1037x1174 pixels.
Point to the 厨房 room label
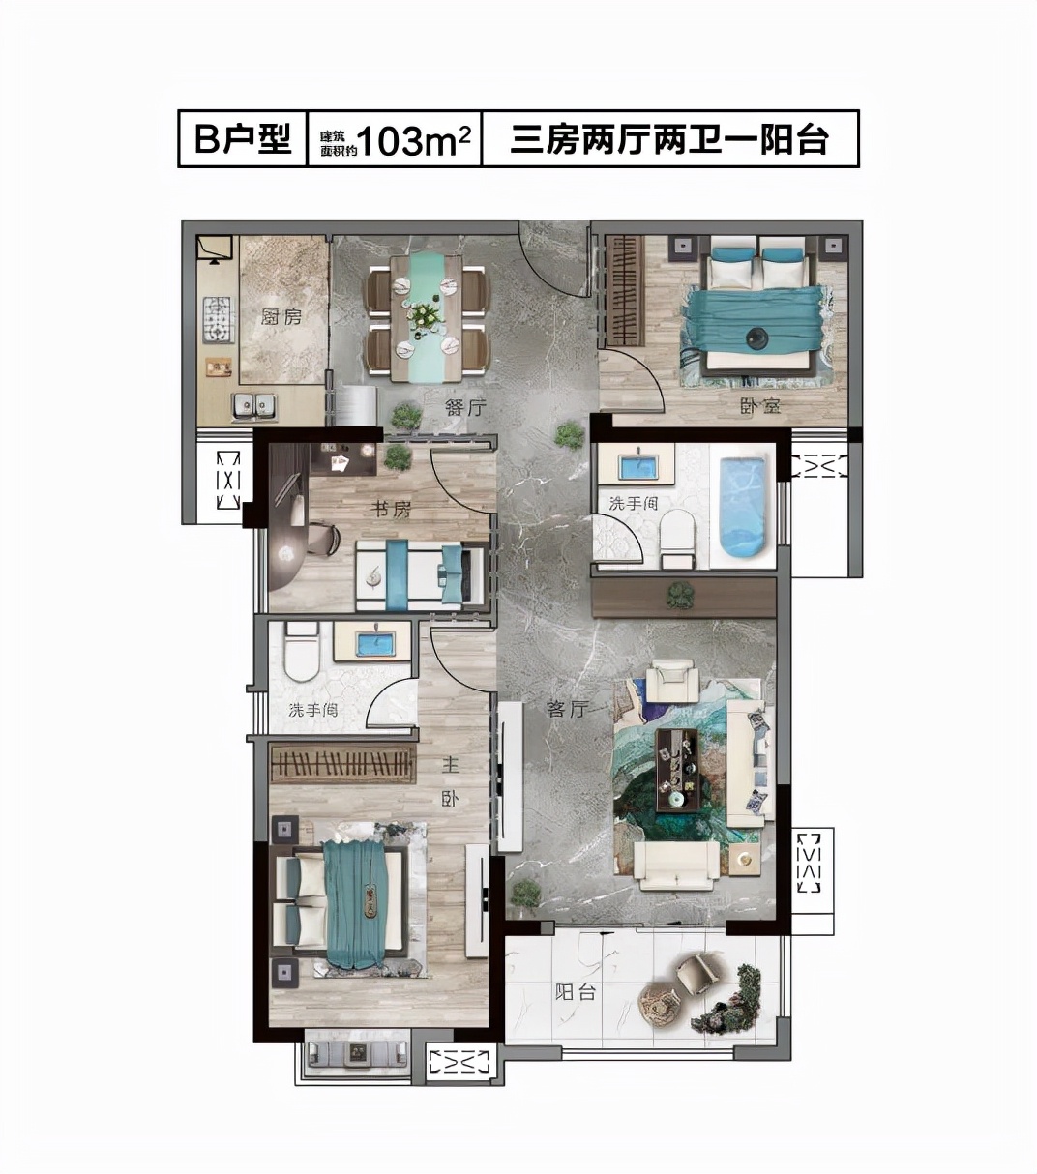(281, 315)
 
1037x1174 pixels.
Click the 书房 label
(392, 509)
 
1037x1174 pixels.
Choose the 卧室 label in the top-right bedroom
(760, 407)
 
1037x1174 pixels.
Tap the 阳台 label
(575, 991)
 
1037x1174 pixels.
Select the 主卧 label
(450, 781)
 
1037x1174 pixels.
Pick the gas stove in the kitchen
(218, 320)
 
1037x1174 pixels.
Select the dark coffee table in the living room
(676, 769)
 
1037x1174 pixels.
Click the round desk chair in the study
(320, 539)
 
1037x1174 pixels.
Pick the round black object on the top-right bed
(756, 337)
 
